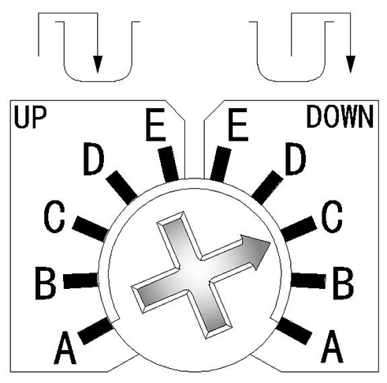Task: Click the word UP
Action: coord(30,118)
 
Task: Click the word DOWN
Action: coord(340,117)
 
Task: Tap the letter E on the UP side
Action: coord(155,125)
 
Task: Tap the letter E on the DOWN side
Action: coord(238,125)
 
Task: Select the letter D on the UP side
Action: coord(94,159)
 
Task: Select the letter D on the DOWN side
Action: coord(296,159)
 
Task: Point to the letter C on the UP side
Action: coord(54,216)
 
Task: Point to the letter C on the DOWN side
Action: coord(332,216)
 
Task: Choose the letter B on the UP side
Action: coord(46,283)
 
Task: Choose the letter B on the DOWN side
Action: coord(343,283)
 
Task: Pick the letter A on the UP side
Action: coord(65,347)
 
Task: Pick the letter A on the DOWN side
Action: coord(332,346)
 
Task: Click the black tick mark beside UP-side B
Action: coord(81,280)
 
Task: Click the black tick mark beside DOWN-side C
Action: coord(299,228)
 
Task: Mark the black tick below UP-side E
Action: coord(169,164)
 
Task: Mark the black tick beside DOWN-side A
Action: coord(294,331)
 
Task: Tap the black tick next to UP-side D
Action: coord(121,187)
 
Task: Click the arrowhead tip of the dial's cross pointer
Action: coord(270,242)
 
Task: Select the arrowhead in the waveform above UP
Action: coord(98,64)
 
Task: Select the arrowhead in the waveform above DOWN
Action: coord(351,64)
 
